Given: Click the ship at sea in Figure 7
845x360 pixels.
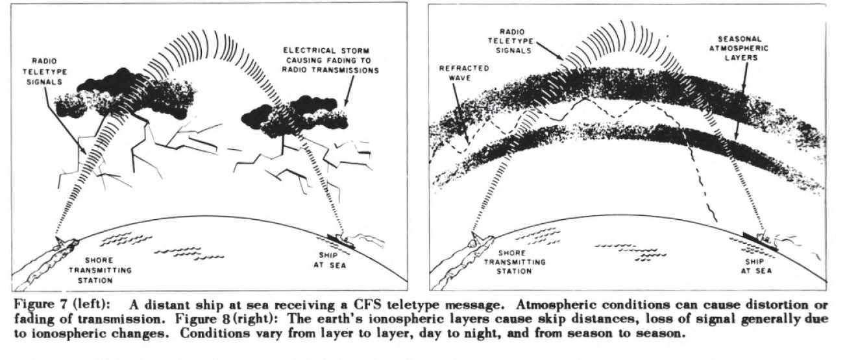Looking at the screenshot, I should (x=342, y=241).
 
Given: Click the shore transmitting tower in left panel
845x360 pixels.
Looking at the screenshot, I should (x=60, y=242).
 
